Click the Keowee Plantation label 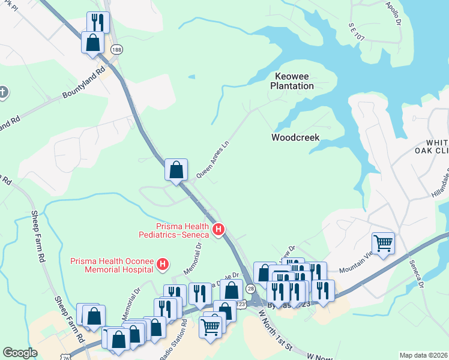[x=294, y=81]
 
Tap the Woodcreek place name [x=295, y=137]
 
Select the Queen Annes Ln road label [x=213, y=160]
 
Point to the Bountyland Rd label [x=84, y=86]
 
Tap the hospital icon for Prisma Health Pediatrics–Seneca [x=218, y=229]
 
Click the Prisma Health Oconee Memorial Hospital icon [x=162, y=263]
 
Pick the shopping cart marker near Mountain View [x=383, y=244]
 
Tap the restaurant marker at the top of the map [x=98, y=23]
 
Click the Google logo [x=20, y=353]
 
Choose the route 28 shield [x=250, y=290]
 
